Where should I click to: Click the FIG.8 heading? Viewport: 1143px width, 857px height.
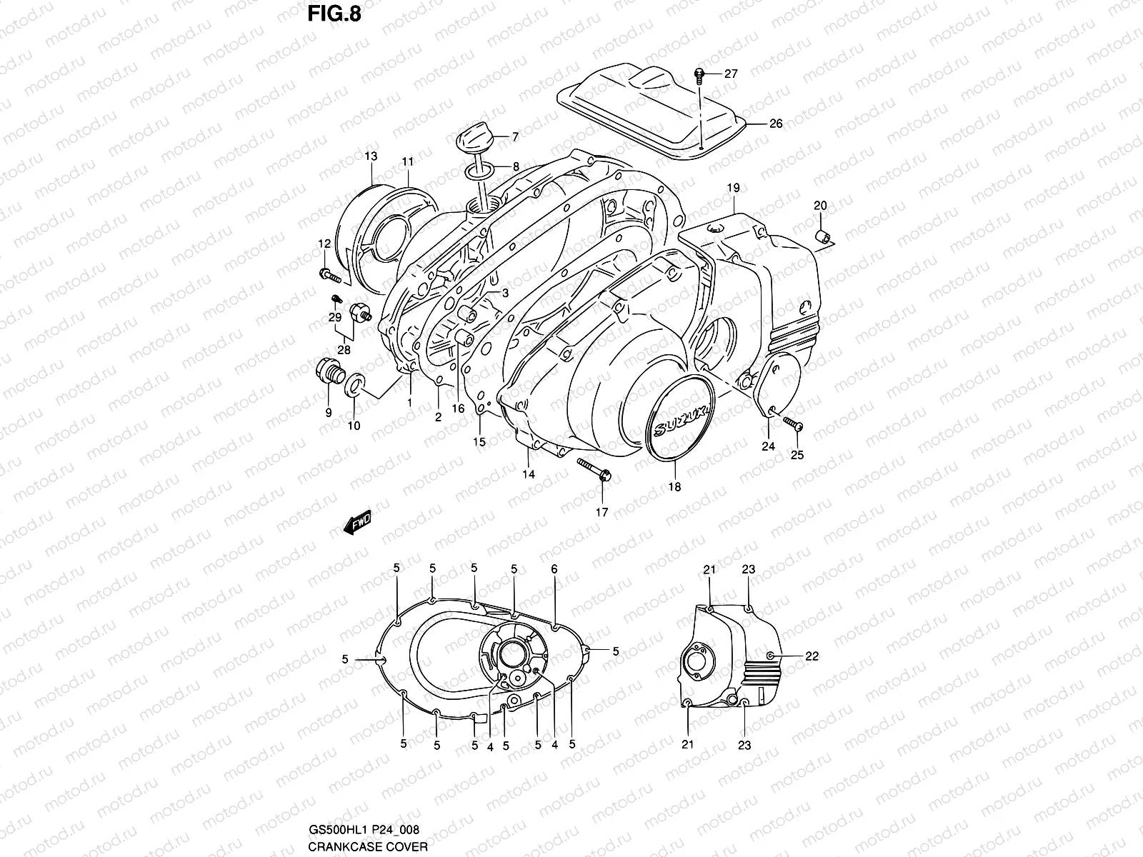coord(329,15)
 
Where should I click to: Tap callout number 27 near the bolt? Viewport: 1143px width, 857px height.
coord(731,74)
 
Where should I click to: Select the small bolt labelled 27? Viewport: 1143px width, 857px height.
coord(699,72)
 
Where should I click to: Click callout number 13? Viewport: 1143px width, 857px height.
coord(371,156)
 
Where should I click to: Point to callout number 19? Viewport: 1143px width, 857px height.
coord(733,188)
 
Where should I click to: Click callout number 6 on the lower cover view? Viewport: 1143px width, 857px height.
coord(554,568)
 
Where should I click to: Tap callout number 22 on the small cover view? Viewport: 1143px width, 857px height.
coord(812,656)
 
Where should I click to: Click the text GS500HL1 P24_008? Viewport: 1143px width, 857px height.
coord(363,829)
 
